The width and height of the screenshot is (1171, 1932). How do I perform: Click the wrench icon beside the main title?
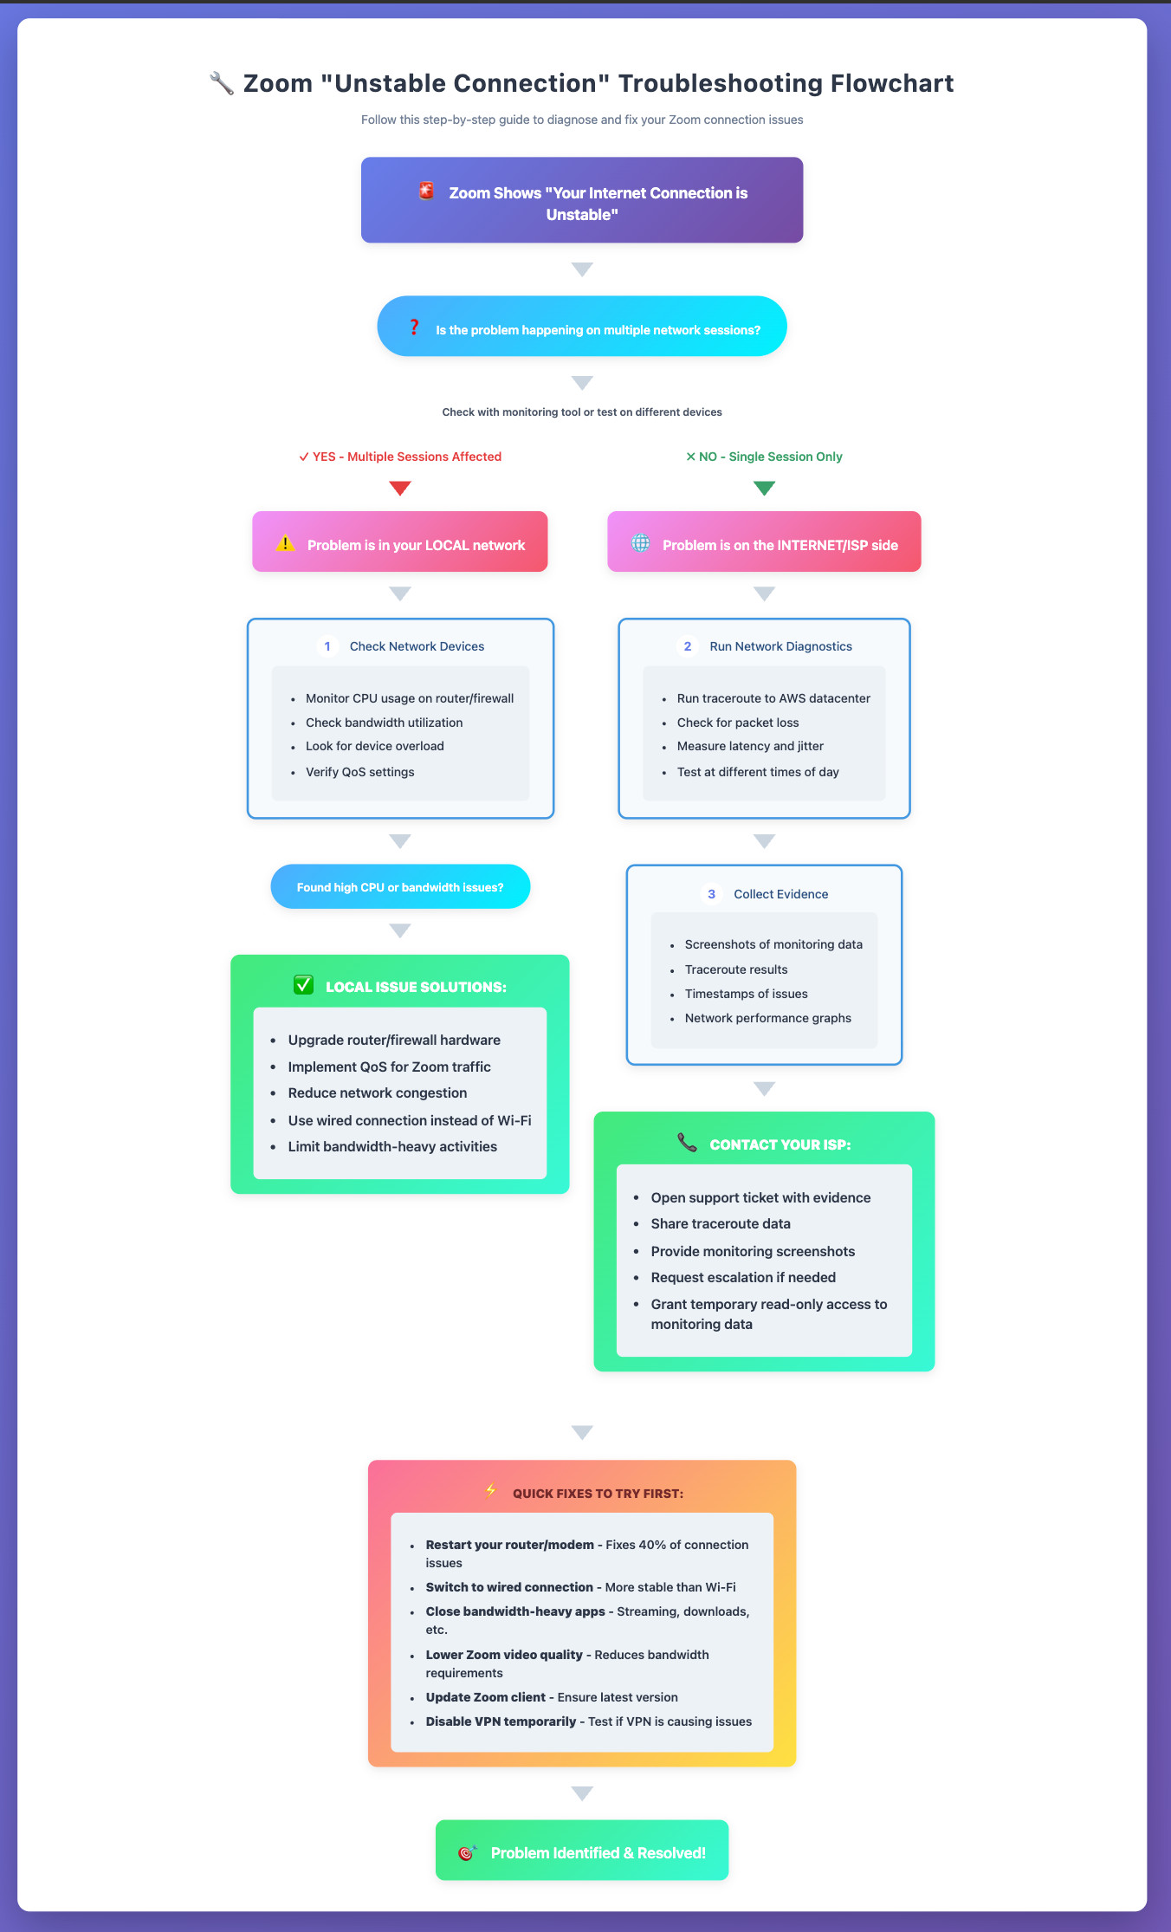point(222,84)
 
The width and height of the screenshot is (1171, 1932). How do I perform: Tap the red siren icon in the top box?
point(426,191)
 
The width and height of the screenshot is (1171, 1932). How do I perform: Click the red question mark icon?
point(414,327)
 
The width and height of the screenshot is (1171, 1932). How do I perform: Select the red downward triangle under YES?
point(400,488)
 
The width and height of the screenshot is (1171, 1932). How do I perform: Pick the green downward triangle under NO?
point(764,488)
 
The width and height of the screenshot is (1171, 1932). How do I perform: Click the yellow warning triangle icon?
point(285,544)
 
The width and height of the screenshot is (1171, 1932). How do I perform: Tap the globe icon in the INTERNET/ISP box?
point(640,543)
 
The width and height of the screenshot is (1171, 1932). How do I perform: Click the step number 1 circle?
point(327,646)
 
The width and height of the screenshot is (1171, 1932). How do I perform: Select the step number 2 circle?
point(688,646)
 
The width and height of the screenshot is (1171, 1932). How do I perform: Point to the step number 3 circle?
point(711,894)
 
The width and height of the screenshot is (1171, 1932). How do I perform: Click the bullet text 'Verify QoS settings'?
point(359,772)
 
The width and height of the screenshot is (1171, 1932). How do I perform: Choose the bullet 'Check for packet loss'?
point(738,723)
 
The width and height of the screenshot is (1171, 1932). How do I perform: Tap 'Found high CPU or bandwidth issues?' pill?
point(400,887)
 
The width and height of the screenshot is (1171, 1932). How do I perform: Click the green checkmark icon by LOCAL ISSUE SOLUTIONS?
point(303,985)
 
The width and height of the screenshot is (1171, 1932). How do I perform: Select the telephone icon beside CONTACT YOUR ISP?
point(687,1143)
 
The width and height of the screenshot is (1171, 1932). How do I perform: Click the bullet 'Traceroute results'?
point(736,969)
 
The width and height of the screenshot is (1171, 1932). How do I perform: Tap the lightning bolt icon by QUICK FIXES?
point(491,1491)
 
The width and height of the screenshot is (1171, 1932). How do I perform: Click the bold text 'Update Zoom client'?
point(485,1697)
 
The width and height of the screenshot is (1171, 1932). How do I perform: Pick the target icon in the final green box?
point(466,1852)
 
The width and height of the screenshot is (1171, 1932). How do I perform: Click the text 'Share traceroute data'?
point(721,1223)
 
